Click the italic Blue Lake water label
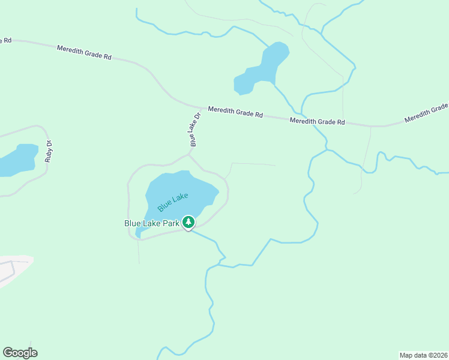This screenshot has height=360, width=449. [173, 202]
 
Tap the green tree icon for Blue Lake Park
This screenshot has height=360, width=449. [188, 223]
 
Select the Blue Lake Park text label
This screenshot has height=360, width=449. [152, 223]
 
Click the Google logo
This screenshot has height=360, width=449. [20, 353]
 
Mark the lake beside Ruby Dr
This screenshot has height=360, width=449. [17, 159]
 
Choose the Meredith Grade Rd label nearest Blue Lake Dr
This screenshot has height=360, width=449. [235, 112]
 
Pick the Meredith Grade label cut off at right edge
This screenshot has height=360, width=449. [426, 113]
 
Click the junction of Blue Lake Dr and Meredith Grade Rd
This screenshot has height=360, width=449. [199, 107]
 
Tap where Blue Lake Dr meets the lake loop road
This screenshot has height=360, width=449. [190, 154]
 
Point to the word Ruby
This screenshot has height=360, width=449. [48, 156]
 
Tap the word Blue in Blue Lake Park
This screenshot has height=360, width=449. [132, 223]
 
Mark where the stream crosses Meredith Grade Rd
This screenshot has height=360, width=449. [299, 116]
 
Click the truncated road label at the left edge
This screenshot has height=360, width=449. [5, 40]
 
